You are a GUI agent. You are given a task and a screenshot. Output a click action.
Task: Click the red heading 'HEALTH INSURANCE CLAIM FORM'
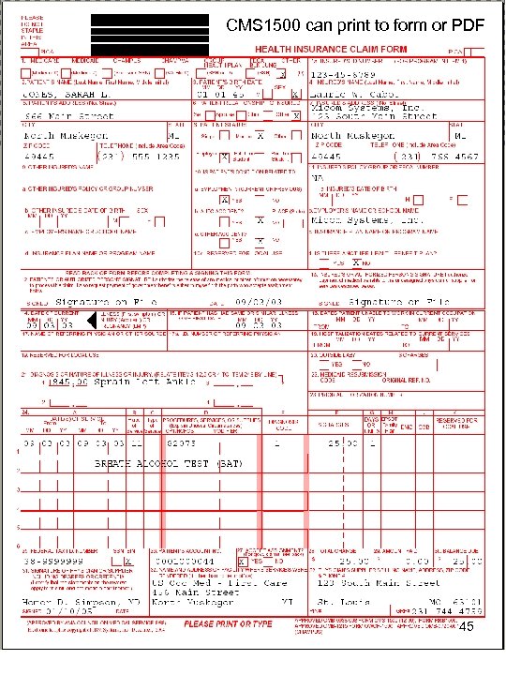[333, 49]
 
